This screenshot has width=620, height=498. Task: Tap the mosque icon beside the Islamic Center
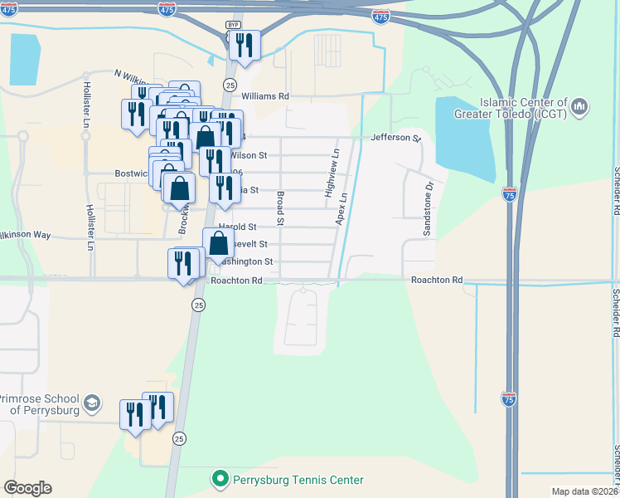579,106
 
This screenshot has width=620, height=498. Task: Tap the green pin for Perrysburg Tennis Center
220,479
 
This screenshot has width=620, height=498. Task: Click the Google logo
27,488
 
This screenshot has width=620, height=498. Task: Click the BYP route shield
233,26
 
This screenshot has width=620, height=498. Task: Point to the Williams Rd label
271,96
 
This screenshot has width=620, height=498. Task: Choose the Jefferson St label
396,137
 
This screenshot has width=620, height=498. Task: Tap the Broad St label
281,208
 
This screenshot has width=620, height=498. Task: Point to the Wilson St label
248,155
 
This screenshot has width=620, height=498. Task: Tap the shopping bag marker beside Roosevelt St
218,243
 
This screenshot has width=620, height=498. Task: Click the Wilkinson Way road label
26,236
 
